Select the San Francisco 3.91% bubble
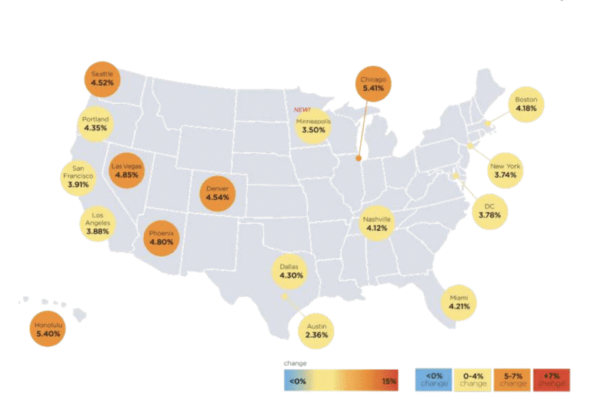tap(82, 176)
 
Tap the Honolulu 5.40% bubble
tap(48, 331)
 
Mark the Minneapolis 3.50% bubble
tap(313, 125)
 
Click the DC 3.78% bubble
tap(489, 210)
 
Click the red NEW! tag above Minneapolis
tap(303, 109)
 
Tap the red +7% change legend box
tap(551, 379)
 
